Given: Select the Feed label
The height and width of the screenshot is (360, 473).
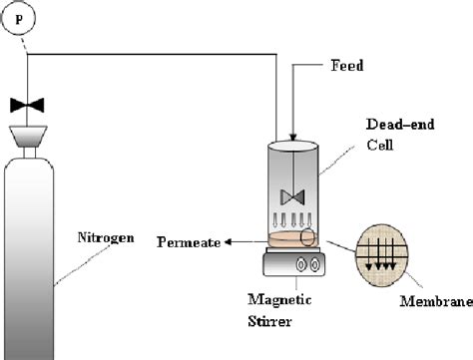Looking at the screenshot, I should (x=344, y=66).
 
